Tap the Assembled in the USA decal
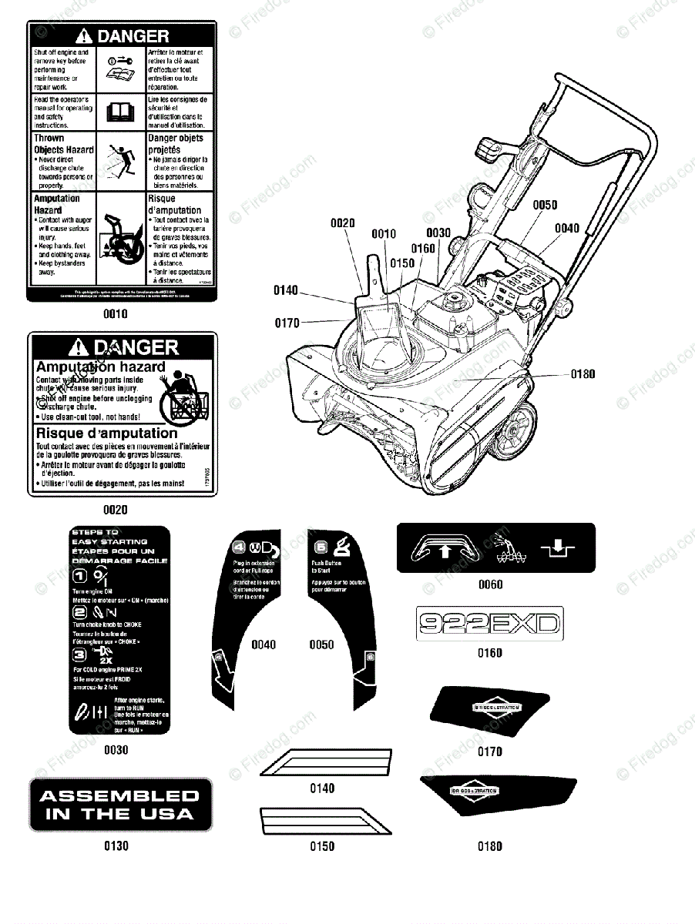click(119, 805)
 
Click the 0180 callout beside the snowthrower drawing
click(583, 374)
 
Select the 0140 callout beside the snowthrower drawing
click(286, 290)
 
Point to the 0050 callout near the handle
click(545, 205)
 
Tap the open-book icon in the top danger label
click(122, 115)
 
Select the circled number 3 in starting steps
click(79, 656)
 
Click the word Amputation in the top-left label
click(57, 198)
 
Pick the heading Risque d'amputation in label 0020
click(106, 433)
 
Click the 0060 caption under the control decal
click(490, 584)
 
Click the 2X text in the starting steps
click(106, 660)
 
